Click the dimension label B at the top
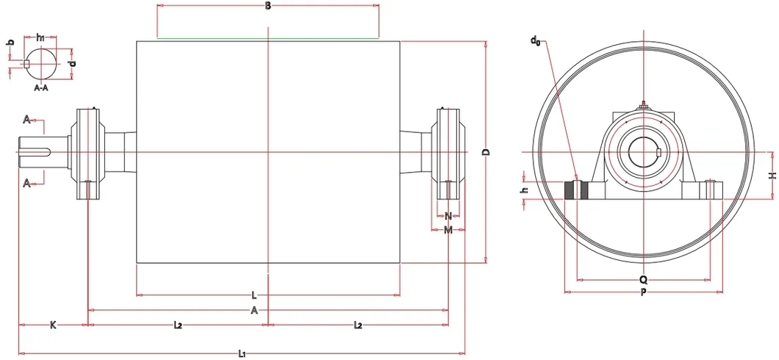268,6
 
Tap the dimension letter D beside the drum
486,152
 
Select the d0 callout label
535,40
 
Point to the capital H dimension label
772,176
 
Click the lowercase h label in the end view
524,190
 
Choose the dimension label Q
643,280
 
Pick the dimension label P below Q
643,292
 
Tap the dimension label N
448,216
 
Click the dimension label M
448,231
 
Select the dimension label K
53,324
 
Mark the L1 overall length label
242,354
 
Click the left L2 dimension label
178,324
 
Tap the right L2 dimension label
358,324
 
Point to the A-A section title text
41,87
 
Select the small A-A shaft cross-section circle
41,63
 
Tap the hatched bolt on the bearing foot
576,190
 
